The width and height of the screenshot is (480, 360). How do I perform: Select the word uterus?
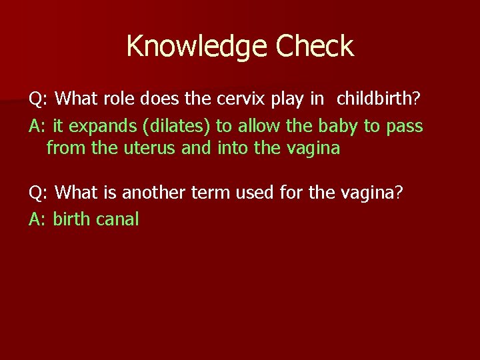pyautogui.click(x=149, y=148)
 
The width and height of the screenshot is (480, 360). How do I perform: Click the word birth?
pyautogui.click(x=71, y=219)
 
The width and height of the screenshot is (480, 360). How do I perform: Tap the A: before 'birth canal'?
pyautogui.click(x=38, y=219)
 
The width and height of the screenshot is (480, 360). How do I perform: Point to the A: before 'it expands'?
pyautogui.click(x=38, y=126)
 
